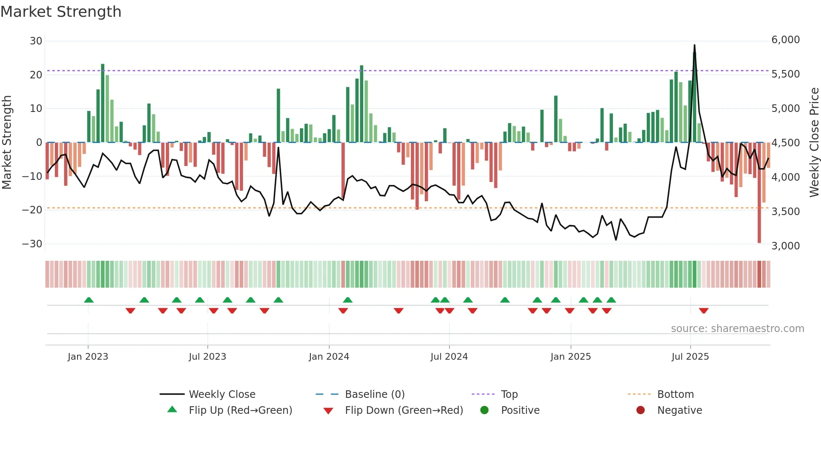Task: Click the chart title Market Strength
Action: pyautogui.click(x=61, y=12)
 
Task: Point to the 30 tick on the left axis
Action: pyautogui.click(x=36, y=41)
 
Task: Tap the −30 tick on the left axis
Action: pyautogui.click(x=32, y=244)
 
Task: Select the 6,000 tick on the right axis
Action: pyautogui.click(x=785, y=40)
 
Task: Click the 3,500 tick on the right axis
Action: pyautogui.click(x=785, y=212)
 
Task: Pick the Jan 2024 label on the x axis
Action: pyautogui.click(x=329, y=357)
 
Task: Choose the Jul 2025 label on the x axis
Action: pyautogui.click(x=690, y=357)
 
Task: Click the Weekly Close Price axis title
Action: pyautogui.click(x=814, y=143)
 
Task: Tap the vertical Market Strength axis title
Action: pyautogui.click(x=7, y=143)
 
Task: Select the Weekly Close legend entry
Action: pyautogui.click(x=222, y=395)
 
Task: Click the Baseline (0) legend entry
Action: pyautogui.click(x=374, y=395)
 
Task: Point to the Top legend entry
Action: pyautogui.click(x=509, y=395)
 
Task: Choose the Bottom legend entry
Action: pyautogui.click(x=675, y=395)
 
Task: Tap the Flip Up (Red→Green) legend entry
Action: pyautogui.click(x=240, y=410)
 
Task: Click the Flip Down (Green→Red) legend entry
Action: pyautogui.click(x=404, y=410)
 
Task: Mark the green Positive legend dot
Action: pyautogui.click(x=485, y=410)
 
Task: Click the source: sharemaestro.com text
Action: pyautogui.click(x=737, y=329)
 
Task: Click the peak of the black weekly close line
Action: pyautogui.click(x=694, y=45)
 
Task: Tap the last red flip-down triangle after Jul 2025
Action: pyautogui.click(x=704, y=311)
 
